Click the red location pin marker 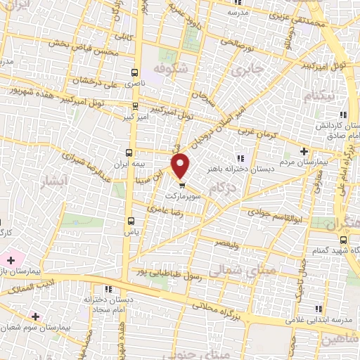coord(181,165)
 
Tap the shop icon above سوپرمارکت coord(183,186)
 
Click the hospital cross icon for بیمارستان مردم coord(304,151)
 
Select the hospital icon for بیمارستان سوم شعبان coord(35,317)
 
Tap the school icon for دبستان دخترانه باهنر coord(241,157)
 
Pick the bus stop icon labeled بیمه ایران coord(129,152)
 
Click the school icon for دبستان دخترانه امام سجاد coord(108,289)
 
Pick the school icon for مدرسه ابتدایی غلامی coord(319,308)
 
